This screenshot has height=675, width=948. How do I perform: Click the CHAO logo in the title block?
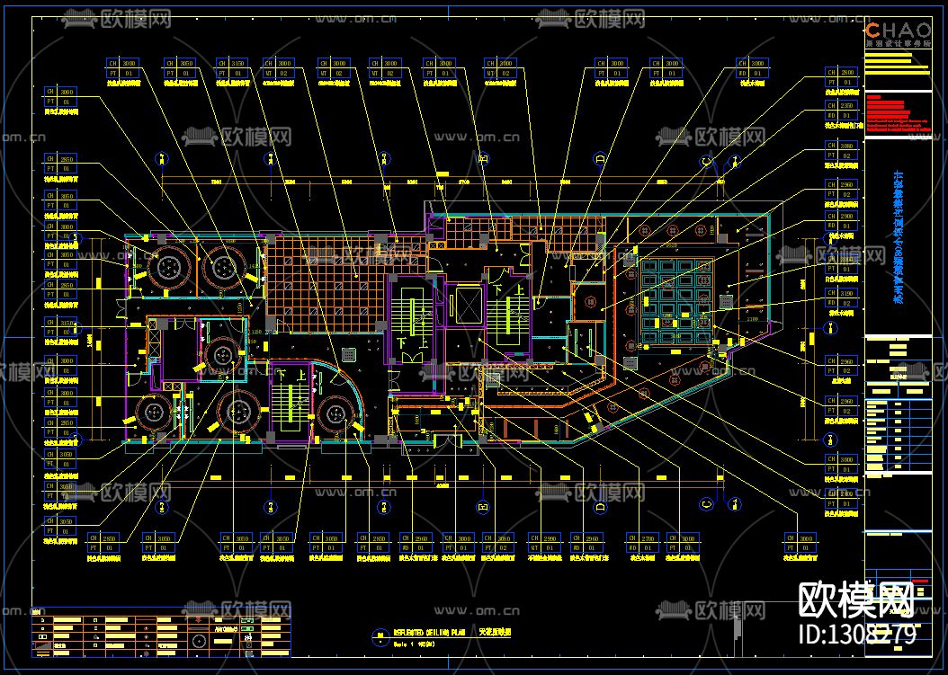898,30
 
